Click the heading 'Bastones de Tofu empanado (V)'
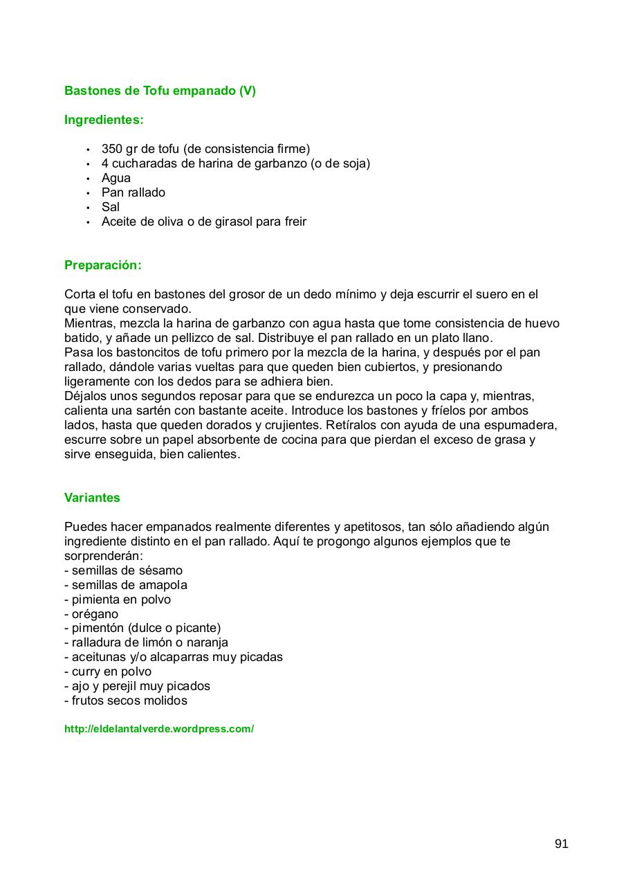pos(160,91)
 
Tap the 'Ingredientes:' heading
pos(104,120)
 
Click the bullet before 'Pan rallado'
pos(88,193)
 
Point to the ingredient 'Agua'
pos(116,178)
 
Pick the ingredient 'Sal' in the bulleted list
pos(110,207)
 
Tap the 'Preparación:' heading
pos(102,265)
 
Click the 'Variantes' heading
pos(92,498)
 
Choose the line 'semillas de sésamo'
pos(127,570)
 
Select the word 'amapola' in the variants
pos(163,585)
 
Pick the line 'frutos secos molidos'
pos(129,700)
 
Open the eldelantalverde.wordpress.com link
pos(159,729)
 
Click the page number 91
pos(561,844)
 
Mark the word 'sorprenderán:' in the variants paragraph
pos(103,556)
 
